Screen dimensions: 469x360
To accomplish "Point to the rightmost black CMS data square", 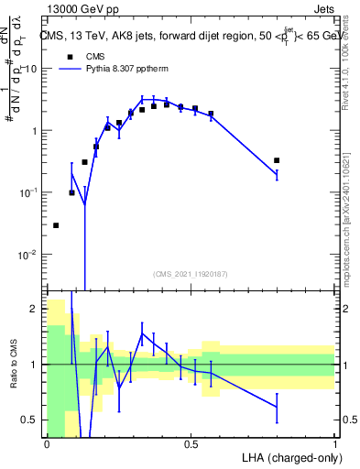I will pos(277,160).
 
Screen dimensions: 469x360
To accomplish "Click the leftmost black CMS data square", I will pos(56,225).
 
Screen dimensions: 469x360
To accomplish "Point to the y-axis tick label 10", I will pos(30,69).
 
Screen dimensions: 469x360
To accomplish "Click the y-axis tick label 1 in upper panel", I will pos(34,130).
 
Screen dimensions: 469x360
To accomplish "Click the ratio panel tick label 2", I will pos(34,310).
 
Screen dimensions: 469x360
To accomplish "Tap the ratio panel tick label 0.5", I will pos(30,420).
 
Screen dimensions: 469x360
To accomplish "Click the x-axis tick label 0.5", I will pos(191,444).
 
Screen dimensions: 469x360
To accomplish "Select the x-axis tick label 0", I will pos(47,444).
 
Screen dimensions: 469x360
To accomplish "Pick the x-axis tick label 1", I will pos(335,444).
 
